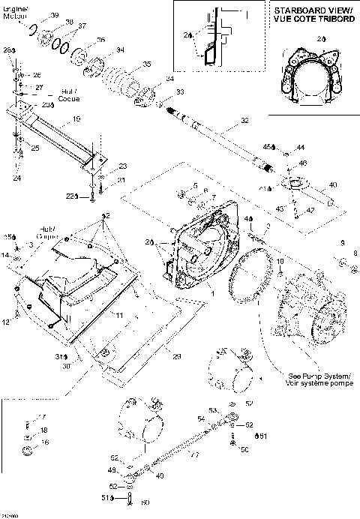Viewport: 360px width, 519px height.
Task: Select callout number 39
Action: tap(55, 16)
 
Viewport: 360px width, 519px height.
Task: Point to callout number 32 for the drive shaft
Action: tap(244, 119)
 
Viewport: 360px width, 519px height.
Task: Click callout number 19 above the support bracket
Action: tap(76, 118)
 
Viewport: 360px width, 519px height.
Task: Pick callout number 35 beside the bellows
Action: tap(146, 63)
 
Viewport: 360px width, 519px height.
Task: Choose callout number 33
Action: tap(180, 91)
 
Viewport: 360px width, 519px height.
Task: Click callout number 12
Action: tap(6, 322)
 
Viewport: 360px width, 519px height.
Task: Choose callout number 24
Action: tap(16, 178)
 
